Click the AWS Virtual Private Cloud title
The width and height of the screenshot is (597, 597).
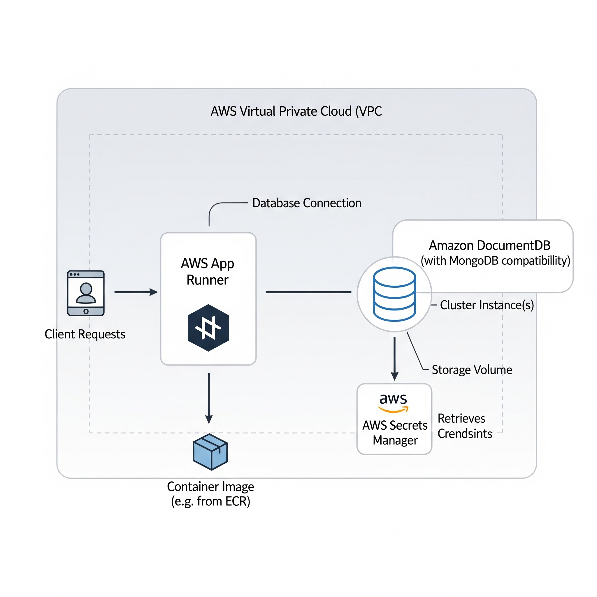[296, 111]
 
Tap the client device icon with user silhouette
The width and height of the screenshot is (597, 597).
[86, 293]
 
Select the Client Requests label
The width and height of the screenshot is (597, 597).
[85, 334]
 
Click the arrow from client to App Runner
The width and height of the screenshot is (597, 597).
[136, 292]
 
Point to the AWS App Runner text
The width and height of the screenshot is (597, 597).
[208, 272]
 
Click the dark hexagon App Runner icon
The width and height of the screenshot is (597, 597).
[208, 328]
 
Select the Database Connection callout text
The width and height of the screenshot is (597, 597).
[307, 203]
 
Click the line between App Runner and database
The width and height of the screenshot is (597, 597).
[308, 292]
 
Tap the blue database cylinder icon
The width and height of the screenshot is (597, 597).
[394, 294]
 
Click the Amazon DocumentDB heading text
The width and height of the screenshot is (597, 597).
[489, 245]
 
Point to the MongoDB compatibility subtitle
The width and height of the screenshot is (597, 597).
[495, 261]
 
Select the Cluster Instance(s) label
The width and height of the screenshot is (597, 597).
[487, 305]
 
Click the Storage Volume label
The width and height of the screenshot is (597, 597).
[472, 370]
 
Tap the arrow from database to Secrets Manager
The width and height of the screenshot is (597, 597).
[394, 359]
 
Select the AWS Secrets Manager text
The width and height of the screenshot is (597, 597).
[395, 433]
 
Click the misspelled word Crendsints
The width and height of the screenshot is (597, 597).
[465, 433]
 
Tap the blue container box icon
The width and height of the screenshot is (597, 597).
[210, 452]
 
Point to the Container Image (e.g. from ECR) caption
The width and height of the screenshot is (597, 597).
[210, 494]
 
